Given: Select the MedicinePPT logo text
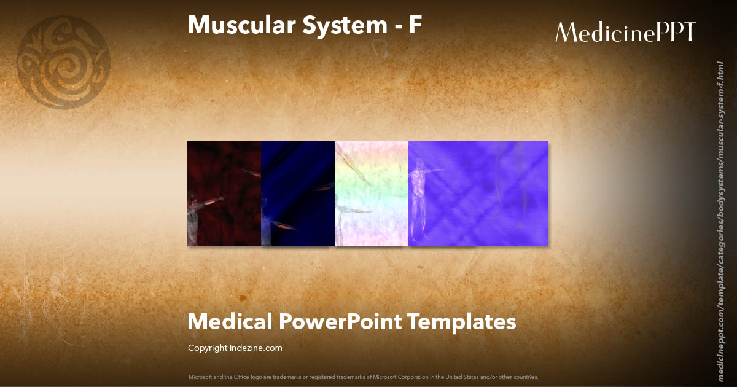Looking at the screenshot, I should pos(625,33).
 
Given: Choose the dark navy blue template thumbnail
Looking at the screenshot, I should pos(298,193).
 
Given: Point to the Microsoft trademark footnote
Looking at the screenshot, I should pos(363,377).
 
